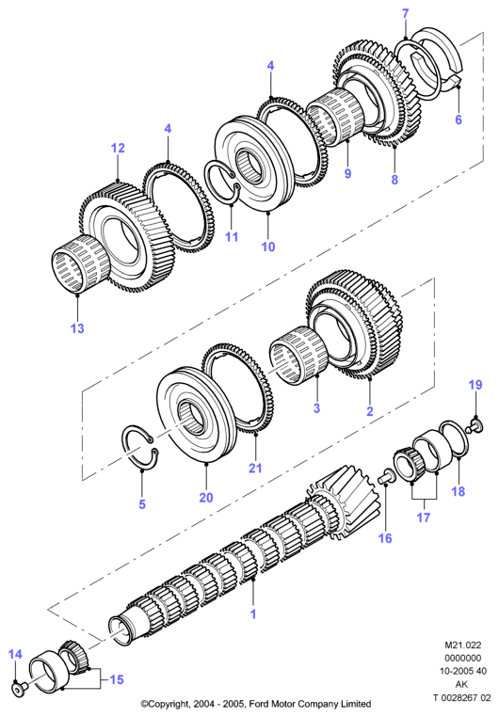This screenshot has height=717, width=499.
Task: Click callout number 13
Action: click(77, 327)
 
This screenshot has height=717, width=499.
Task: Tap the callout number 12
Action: click(118, 148)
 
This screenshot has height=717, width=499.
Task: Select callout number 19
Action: click(475, 385)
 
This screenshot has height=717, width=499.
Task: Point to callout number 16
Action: click(385, 538)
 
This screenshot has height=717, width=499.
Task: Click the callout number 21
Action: click(255, 468)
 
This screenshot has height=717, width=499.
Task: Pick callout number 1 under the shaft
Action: click(253, 613)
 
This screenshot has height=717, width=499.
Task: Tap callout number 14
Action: click(15, 654)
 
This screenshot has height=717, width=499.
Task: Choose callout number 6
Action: click(459, 119)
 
